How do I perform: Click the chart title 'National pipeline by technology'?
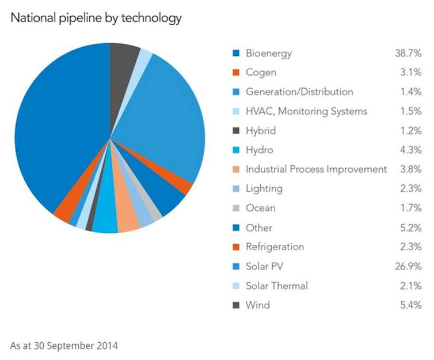(x=96, y=18)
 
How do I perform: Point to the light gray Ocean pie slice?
(x=155, y=211)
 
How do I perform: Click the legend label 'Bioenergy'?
(x=268, y=54)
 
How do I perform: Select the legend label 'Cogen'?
(x=261, y=73)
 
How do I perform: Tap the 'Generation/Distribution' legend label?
(x=299, y=92)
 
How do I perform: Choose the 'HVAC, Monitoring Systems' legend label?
(x=306, y=111)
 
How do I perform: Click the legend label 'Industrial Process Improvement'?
(x=316, y=169)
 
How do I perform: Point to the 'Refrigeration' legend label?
(x=275, y=247)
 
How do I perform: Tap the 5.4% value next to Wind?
(x=412, y=305)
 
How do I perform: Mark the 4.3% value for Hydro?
(x=412, y=150)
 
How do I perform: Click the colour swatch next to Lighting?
(x=236, y=189)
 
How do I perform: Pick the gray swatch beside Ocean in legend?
(x=236, y=208)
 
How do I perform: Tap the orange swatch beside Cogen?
(x=236, y=73)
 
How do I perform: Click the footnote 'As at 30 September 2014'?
(x=64, y=346)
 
